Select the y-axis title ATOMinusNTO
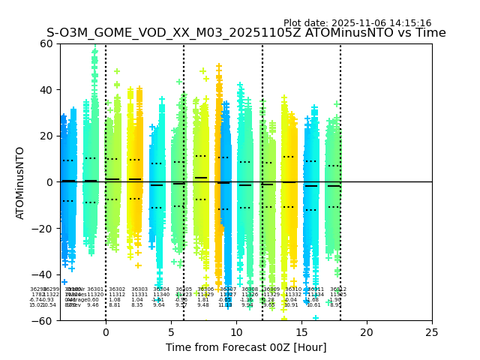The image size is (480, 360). coord(21,182)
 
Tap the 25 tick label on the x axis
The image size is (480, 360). coord(432,331)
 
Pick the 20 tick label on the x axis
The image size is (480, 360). coord(367,331)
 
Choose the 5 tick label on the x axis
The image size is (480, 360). coord(171,331)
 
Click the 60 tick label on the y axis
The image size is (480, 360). coord(46,43)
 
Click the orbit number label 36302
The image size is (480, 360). coord(117,289)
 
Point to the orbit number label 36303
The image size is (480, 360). coord(139,289)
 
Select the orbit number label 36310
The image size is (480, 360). coord(293,289)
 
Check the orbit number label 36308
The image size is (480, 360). coord(248,289)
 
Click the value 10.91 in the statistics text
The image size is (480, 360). coord(291,305)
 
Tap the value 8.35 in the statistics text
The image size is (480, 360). coord(137,305)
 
